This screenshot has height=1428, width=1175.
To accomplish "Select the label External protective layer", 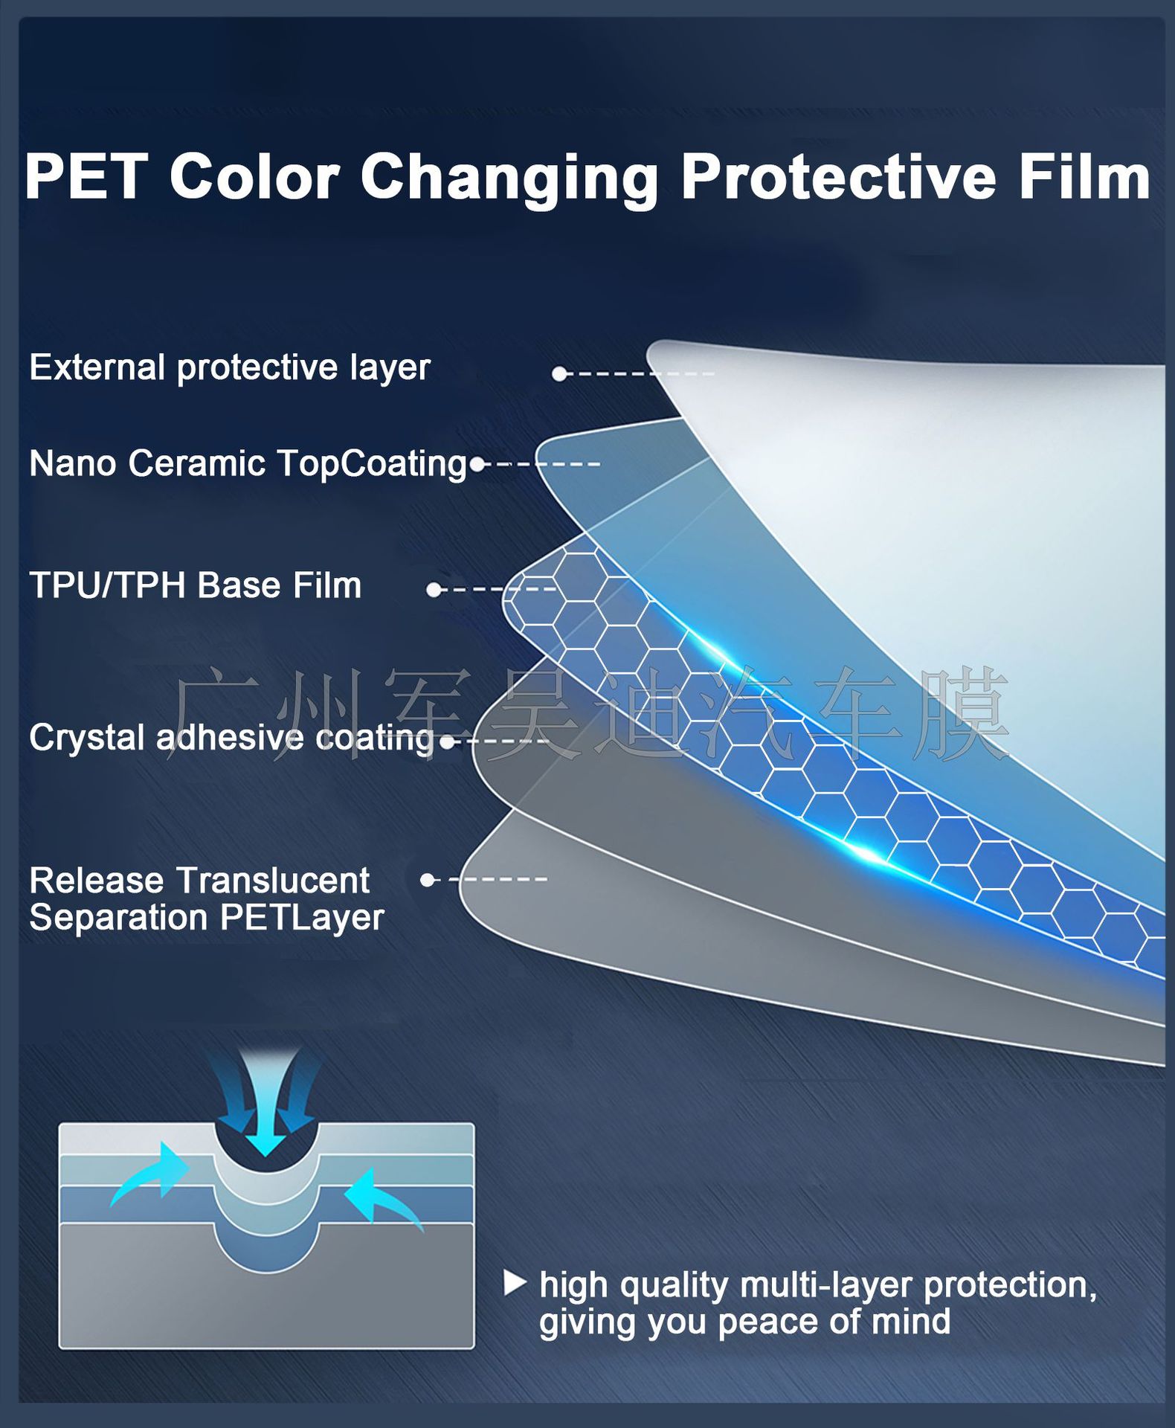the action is click(x=230, y=367).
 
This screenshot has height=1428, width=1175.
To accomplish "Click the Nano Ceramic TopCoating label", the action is click(x=248, y=463).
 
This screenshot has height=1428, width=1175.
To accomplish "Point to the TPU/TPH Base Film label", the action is click(x=196, y=585).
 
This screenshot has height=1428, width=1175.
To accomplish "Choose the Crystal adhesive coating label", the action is click(x=231, y=739).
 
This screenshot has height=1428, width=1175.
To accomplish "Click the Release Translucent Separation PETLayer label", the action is click(x=207, y=899).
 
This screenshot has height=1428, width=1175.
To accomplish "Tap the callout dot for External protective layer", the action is click(x=559, y=374).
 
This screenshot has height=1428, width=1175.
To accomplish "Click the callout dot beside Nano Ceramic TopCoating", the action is click(x=477, y=465).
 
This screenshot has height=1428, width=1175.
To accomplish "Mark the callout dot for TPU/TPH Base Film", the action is click(x=434, y=590).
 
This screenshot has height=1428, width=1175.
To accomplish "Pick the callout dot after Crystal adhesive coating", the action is click(x=447, y=742).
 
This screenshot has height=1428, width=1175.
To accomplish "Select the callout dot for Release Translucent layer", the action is click(x=427, y=880).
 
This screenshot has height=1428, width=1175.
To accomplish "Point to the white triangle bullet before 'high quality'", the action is click(x=515, y=1283).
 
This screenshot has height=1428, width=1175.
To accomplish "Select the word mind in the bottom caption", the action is click(x=911, y=1322).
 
